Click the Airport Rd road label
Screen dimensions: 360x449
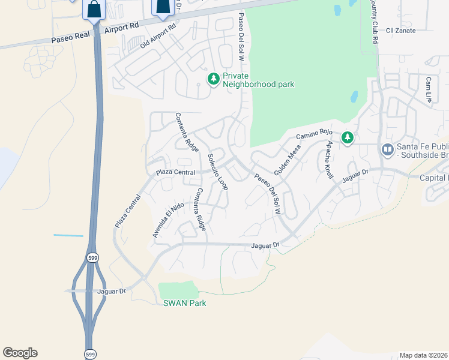coord(121,27)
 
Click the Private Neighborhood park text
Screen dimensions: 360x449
coord(258,80)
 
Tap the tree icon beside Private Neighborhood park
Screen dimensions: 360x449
coord(213,79)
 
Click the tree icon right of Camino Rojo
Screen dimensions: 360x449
coord(347,138)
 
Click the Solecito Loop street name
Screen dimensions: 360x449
coord(218,172)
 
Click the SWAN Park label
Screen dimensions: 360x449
coord(185,303)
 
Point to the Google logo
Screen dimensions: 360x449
coord(20,353)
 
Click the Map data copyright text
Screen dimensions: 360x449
coord(424,355)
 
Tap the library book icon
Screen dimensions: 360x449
coord(387,149)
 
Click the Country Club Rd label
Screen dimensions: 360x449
coord(375,21)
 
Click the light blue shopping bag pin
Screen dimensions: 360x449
coord(94,9)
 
